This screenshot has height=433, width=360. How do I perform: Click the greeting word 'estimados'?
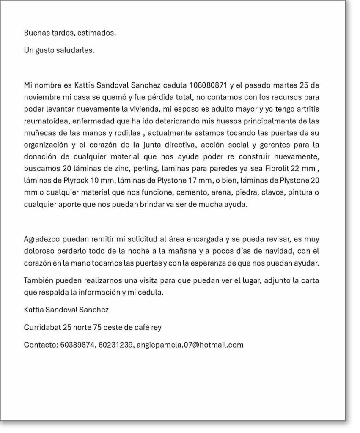click(x=98, y=33)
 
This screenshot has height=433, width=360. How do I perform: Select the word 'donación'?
click(x=39, y=156)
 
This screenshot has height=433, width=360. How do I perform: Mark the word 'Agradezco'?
click(x=41, y=239)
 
